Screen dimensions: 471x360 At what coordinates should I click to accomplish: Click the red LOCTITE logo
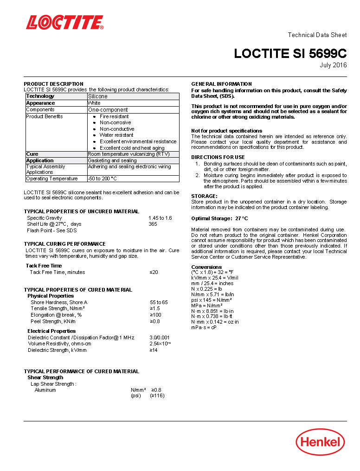coord(64,22)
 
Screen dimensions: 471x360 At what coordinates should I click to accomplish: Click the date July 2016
coord(333,65)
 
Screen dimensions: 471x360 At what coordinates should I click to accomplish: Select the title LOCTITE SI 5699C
coord(290,53)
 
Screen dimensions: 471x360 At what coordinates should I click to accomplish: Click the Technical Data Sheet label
coord(317,35)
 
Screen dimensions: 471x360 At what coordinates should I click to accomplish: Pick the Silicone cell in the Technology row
coord(98,96)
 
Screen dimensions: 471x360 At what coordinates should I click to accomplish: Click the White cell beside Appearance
coord(94,103)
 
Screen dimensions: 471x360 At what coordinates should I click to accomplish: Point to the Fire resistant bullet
coord(114,116)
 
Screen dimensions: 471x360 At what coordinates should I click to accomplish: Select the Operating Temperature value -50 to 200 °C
coord(103,178)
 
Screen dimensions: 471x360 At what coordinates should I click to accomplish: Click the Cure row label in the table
coord(32,154)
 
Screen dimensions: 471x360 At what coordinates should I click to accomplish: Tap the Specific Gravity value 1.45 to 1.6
coord(160,218)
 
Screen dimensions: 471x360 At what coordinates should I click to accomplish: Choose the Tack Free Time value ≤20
coord(154,272)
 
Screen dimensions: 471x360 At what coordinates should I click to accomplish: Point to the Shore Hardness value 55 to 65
coord(159,302)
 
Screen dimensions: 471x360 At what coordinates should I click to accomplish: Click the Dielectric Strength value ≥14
coord(154,350)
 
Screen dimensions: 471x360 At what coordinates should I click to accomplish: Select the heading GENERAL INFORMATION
coord(221,84)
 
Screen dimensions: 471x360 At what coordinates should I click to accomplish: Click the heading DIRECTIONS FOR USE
coord(218,157)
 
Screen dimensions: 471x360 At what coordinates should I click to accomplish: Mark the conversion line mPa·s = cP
coord(204,327)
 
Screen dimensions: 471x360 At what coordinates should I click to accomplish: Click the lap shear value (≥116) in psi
coord(157,395)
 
